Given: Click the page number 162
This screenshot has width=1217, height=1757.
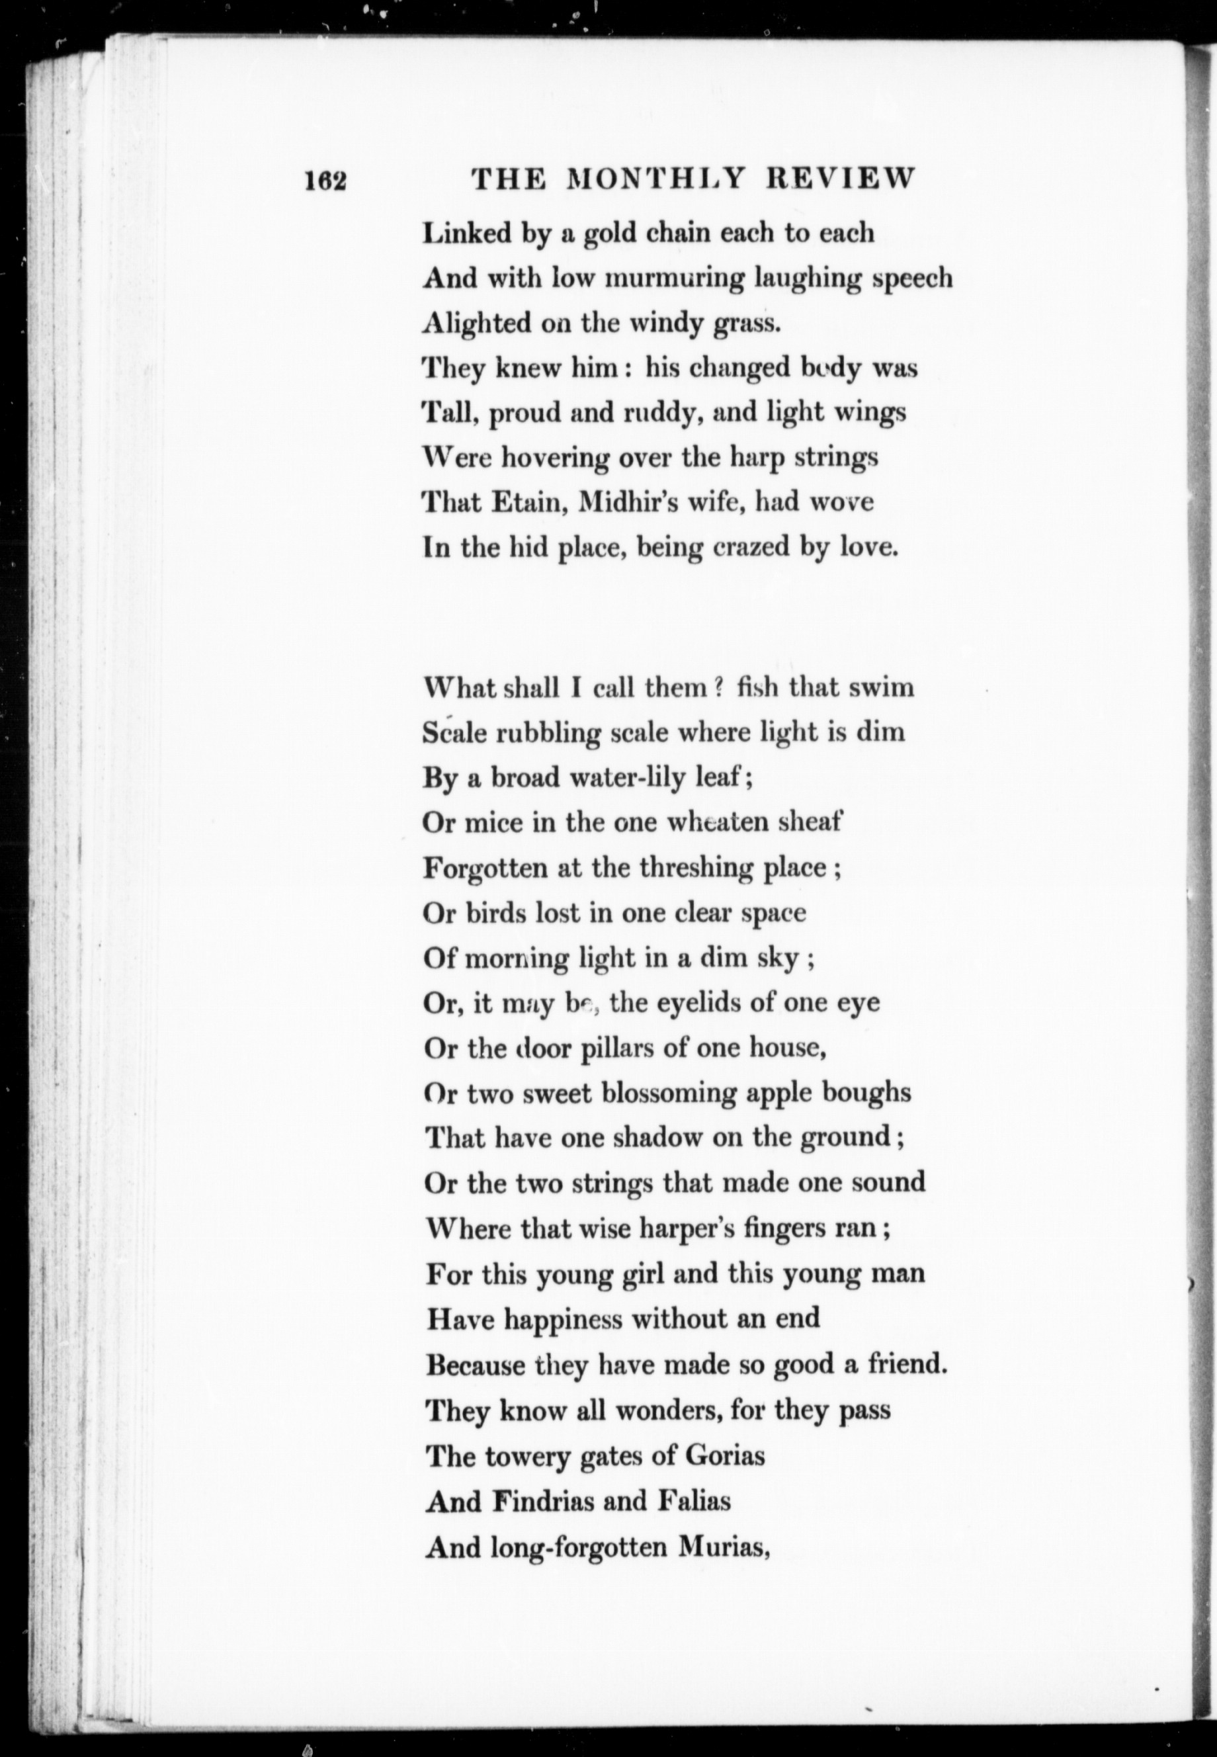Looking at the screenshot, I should point(325,181).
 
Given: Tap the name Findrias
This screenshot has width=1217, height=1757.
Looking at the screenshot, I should point(543,1502).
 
